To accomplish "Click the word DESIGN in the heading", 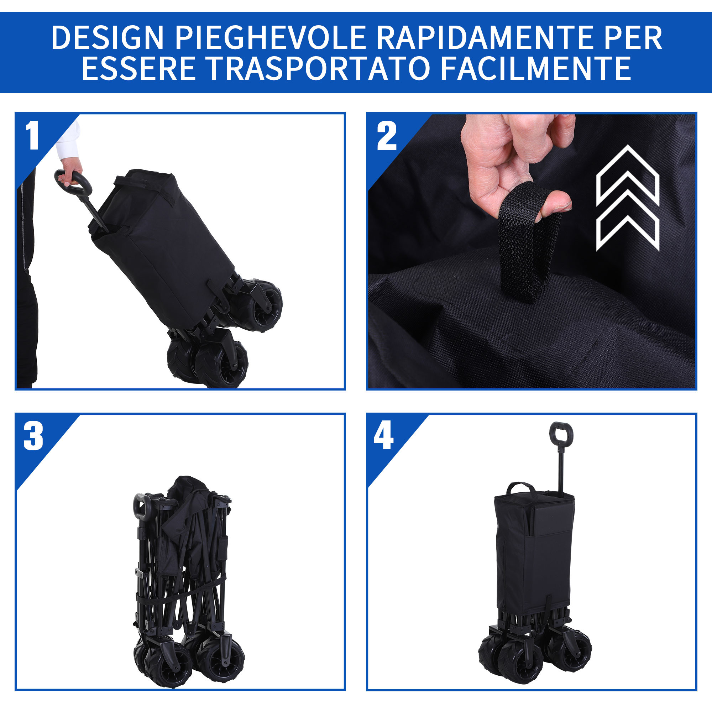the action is click(x=107, y=37).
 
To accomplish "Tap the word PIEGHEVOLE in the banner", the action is click(x=270, y=37).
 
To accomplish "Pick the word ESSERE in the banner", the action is click(x=139, y=68).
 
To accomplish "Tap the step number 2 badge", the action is click(x=387, y=136).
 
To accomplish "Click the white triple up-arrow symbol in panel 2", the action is click(x=627, y=198).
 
